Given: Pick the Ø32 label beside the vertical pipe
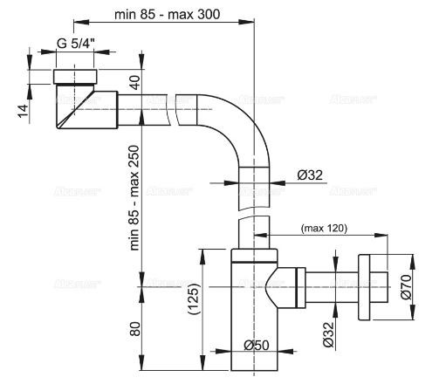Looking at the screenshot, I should pyautogui.click(x=310, y=175).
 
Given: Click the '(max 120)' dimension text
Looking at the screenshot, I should pyautogui.click(x=323, y=229).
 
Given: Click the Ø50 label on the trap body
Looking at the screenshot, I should pyautogui.click(x=256, y=344).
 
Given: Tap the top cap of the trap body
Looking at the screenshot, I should pyautogui.click(x=256, y=256).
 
